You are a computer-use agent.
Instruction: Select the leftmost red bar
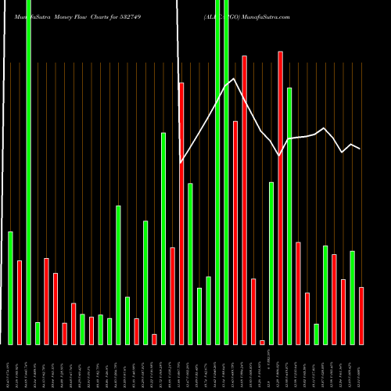point(20,302)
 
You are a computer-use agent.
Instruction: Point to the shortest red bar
point(262,342)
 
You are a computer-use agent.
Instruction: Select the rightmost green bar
point(352,297)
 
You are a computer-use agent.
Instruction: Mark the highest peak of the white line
point(233,77)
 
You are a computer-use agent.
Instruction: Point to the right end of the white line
point(361,149)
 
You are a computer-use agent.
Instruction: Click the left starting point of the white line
point(181,163)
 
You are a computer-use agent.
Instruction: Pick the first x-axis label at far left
point(10,368)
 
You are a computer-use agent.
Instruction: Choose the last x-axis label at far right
point(361,368)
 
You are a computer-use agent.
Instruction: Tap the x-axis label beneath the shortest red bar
point(262,368)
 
